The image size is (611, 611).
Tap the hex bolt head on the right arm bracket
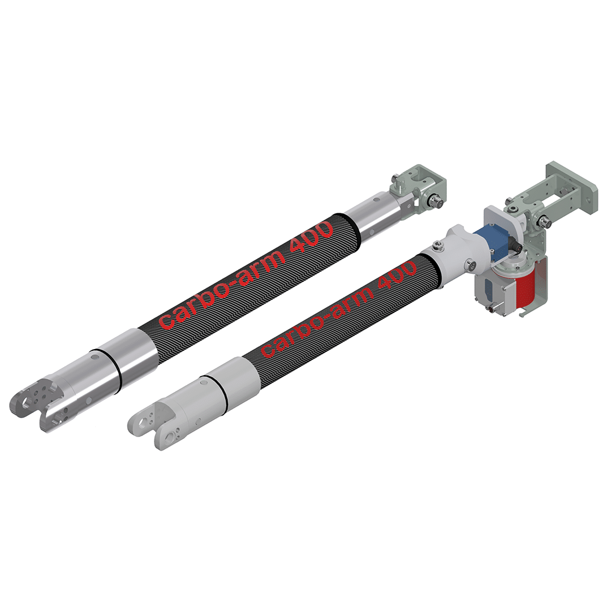click(x=547, y=221)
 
